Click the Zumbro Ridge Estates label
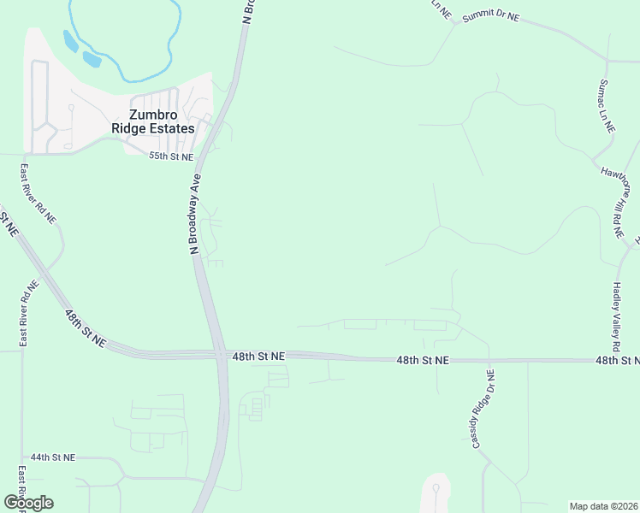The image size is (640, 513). (153, 121)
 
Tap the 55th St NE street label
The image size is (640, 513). (171, 157)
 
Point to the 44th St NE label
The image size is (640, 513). (53, 458)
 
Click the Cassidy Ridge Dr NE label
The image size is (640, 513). (482, 409)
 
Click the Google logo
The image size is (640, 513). (28, 503)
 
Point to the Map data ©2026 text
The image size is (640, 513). (604, 506)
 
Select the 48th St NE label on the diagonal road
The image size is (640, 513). (85, 327)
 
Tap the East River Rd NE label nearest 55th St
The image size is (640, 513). (38, 195)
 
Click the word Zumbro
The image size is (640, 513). (154, 114)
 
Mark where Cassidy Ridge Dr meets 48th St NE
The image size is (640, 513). (489, 361)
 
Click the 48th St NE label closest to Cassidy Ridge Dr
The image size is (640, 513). (423, 361)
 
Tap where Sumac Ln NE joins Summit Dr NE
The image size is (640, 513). (607, 62)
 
